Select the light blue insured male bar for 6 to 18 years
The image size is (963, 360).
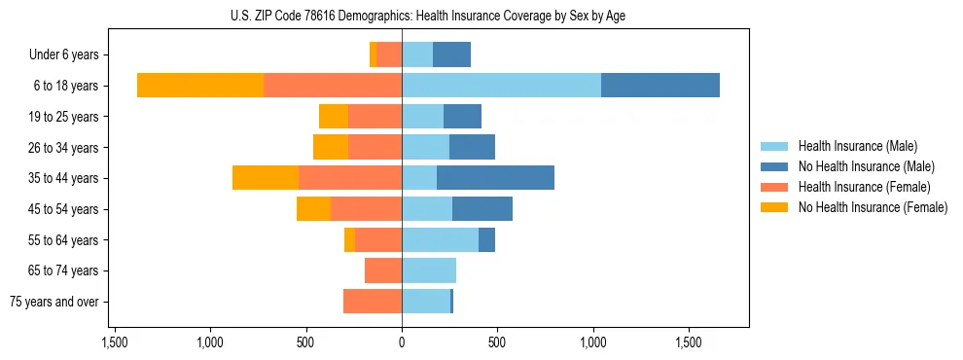501,86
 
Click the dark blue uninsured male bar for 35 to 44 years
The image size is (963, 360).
495,178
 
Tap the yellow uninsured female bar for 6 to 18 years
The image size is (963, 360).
200,86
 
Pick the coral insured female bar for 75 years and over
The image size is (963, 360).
373,302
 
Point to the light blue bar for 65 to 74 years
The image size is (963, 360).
429,270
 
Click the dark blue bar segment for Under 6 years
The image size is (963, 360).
451,54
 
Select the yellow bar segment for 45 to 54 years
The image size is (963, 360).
313,209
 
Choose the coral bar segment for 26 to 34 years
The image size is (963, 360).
375,147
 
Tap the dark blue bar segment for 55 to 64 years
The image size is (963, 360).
486,239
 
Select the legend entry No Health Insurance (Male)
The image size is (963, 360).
863,166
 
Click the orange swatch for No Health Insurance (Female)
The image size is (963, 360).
775,207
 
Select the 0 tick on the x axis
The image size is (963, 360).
402,343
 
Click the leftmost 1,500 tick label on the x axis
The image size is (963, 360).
115,343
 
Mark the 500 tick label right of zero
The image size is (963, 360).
497,343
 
